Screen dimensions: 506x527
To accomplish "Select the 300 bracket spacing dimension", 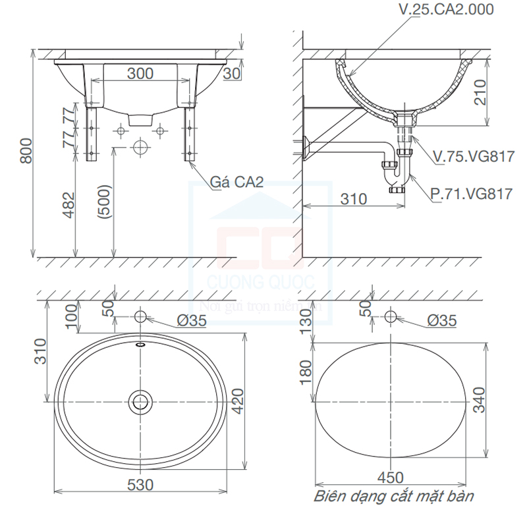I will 140,73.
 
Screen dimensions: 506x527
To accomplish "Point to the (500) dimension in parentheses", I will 103,202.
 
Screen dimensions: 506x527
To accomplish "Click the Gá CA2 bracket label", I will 237,182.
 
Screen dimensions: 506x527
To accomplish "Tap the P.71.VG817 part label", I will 471,194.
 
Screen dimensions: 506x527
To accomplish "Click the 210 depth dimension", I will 499,93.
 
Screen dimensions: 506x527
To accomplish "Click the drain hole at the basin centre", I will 140,401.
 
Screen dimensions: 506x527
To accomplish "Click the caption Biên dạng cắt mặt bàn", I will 393,495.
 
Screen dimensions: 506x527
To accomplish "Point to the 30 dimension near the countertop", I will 231,73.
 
